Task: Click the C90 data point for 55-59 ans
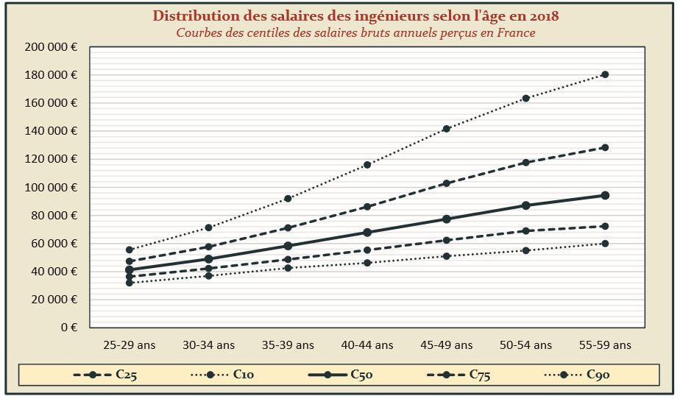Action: (x=605, y=74)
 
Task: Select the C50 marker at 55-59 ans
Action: (x=605, y=195)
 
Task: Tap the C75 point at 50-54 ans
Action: (x=525, y=162)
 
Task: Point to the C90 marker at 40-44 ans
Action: (x=367, y=165)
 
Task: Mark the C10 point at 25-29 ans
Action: (x=130, y=283)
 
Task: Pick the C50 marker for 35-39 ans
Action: (x=288, y=246)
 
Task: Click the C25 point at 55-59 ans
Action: (x=605, y=226)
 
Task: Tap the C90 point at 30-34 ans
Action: (x=209, y=227)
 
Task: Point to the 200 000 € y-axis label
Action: (x=52, y=47)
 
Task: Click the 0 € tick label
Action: (x=69, y=328)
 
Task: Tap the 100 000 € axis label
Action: (x=52, y=188)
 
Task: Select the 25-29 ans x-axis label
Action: (x=130, y=345)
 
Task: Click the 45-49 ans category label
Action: (x=446, y=345)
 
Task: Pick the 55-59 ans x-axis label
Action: (x=605, y=345)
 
